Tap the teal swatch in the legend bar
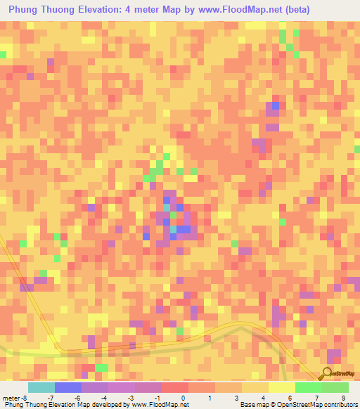(x=41, y=387)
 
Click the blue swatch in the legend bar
(x=68, y=387)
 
